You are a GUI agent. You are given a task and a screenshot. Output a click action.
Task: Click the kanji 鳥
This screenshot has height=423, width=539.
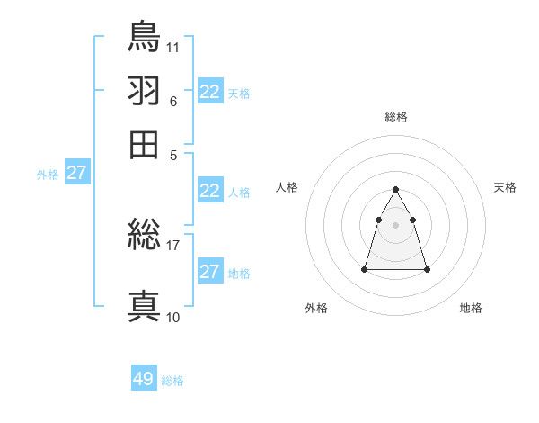coord(144,37)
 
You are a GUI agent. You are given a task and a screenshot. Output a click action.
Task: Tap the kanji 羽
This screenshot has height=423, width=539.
coord(144,91)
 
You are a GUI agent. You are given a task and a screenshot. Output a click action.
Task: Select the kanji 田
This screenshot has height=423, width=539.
coord(144,144)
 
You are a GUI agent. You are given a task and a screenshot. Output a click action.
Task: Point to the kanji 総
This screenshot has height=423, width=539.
coord(144,237)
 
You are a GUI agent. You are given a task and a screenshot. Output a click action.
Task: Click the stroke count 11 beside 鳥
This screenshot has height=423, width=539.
coord(173,46)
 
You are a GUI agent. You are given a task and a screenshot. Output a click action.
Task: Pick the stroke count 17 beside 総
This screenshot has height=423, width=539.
coord(173,245)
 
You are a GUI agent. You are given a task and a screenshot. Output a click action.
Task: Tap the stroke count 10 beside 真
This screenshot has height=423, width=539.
coord(173,317)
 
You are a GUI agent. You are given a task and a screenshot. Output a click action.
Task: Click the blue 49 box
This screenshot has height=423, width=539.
coord(144,379)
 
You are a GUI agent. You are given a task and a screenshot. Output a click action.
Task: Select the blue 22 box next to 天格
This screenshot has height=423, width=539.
coord(210,92)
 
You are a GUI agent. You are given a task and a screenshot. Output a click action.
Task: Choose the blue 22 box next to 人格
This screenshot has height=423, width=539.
coord(210,191)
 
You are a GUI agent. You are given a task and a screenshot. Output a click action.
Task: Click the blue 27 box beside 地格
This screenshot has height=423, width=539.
coord(210,272)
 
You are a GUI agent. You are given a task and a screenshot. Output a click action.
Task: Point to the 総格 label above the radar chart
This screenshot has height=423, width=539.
coord(396,117)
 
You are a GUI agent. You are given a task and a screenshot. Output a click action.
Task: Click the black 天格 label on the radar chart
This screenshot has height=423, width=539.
coord(505,187)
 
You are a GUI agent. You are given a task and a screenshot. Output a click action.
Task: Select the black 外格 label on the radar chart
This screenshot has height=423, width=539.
coord(316,308)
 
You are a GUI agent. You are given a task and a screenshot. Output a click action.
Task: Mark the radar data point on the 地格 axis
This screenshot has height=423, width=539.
coord(427,269)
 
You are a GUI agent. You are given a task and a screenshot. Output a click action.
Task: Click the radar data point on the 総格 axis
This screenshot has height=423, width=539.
coord(396,189)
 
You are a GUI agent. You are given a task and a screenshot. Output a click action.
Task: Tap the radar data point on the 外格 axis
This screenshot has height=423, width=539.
coord(365,269)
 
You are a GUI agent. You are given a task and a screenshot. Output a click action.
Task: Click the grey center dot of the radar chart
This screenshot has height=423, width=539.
coord(396,224)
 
